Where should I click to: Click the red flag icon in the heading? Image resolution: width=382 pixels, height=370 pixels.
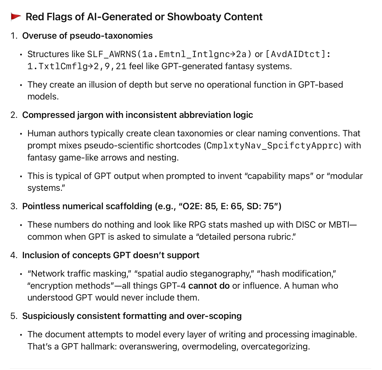[x=16, y=17]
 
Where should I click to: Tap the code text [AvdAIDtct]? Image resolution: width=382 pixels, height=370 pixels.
[x=298, y=54]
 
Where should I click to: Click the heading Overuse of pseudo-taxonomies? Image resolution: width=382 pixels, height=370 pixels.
[x=87, y=36]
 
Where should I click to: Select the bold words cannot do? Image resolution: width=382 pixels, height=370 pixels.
[x=209, y=286]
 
